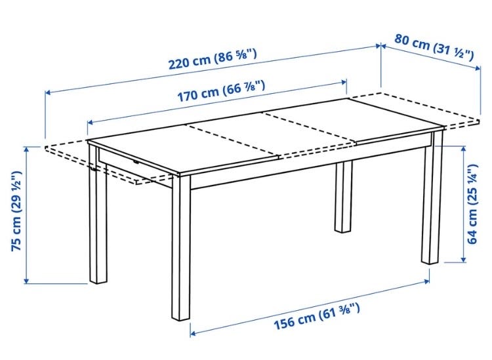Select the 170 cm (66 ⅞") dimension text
point(222,91)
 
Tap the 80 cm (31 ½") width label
point(434,47)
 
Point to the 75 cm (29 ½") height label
point(16,211)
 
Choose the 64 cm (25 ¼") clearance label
point(472,204)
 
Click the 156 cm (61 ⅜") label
point(317,316)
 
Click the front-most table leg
point(181,247)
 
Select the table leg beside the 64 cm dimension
point(432,198)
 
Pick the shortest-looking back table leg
point(343,197)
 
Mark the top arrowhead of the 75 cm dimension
point(27,150)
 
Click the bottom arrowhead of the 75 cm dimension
point(27,281)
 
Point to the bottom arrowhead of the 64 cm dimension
point(463,259)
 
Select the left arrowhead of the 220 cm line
point(48,92)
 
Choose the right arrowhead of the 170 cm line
point(344,83)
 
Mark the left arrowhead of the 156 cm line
point(193,333)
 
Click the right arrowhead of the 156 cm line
point(426,281)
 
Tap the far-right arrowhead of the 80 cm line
point(478,68)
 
